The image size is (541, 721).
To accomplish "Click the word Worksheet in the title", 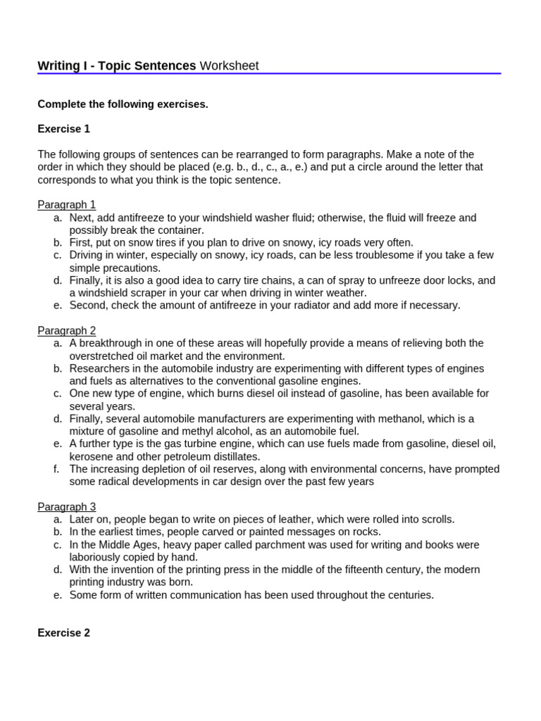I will [229, 66].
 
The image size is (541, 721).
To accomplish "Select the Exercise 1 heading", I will [64, 130].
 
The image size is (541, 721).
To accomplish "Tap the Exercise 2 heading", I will [64, 633].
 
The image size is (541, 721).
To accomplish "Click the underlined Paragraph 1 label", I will [67, 205].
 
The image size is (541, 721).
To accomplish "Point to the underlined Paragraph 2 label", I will [67, 331].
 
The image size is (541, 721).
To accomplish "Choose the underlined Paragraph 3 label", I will [67, 507].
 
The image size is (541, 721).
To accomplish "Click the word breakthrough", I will [111, 344].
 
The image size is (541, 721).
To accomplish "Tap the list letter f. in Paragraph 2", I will [58, 469].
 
